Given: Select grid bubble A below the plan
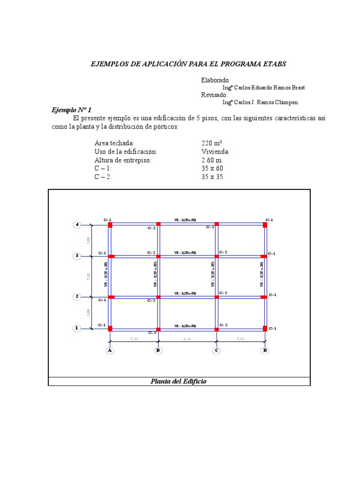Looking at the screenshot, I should (110, 350).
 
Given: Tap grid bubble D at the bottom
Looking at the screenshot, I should (265, 350).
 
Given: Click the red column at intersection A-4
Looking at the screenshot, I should (110, 225).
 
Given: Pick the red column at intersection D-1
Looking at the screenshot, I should (265, 328).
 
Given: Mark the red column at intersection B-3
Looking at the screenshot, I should (158, 256).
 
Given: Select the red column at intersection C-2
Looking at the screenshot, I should (217, 297).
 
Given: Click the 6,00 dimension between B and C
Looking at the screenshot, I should (187, 339).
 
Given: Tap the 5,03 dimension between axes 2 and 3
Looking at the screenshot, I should (89, 277).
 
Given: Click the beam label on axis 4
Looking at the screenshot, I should (185, 219).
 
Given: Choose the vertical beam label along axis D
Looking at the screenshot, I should (262, 274).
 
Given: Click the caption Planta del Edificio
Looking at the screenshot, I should (179, 381).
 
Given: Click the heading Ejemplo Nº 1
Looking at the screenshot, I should (71, 110).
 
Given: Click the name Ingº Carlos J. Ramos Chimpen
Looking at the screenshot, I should (260, 102).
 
